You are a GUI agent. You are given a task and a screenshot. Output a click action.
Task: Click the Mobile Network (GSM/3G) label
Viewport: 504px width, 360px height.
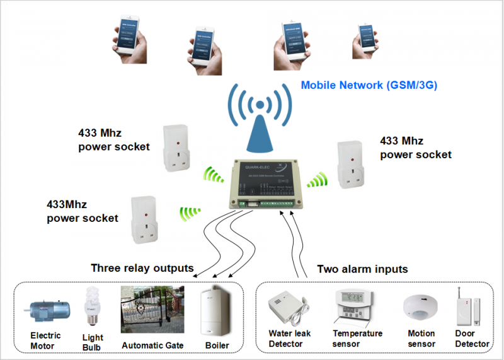pos(369,85)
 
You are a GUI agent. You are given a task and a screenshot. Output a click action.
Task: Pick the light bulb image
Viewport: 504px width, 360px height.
pos(92,306)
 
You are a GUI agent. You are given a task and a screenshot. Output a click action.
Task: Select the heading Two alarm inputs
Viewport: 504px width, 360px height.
pos(362,269)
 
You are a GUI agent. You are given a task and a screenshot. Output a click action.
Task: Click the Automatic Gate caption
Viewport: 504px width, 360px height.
pos(152,345)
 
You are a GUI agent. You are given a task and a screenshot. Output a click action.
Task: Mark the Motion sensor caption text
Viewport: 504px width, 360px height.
pos(421,339)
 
